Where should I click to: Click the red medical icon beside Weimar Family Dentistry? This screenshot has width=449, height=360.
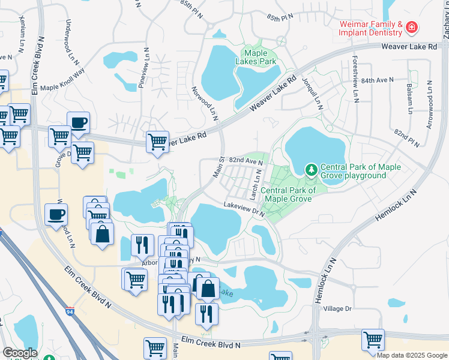click(x=412, y=28)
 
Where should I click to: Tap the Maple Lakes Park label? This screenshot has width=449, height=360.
click(x=259, y=57)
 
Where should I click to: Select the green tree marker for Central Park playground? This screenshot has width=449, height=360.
click(x=311, y=170)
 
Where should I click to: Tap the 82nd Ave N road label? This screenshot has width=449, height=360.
click(x=246, y=161)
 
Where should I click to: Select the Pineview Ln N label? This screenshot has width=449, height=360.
click(x=143, y=67)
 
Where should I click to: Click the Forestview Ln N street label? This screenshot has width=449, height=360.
click(x=355, y=78)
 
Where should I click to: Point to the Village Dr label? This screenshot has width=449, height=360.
click(x=337, y=308)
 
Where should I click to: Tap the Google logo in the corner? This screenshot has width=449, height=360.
click(x=20, y=352)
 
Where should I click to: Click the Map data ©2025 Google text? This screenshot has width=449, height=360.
click(x=412, y=355)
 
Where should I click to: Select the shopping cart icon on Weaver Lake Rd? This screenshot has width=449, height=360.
click(x=157, y=142)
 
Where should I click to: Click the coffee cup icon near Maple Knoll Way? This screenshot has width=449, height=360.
click(x=78, y=123)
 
